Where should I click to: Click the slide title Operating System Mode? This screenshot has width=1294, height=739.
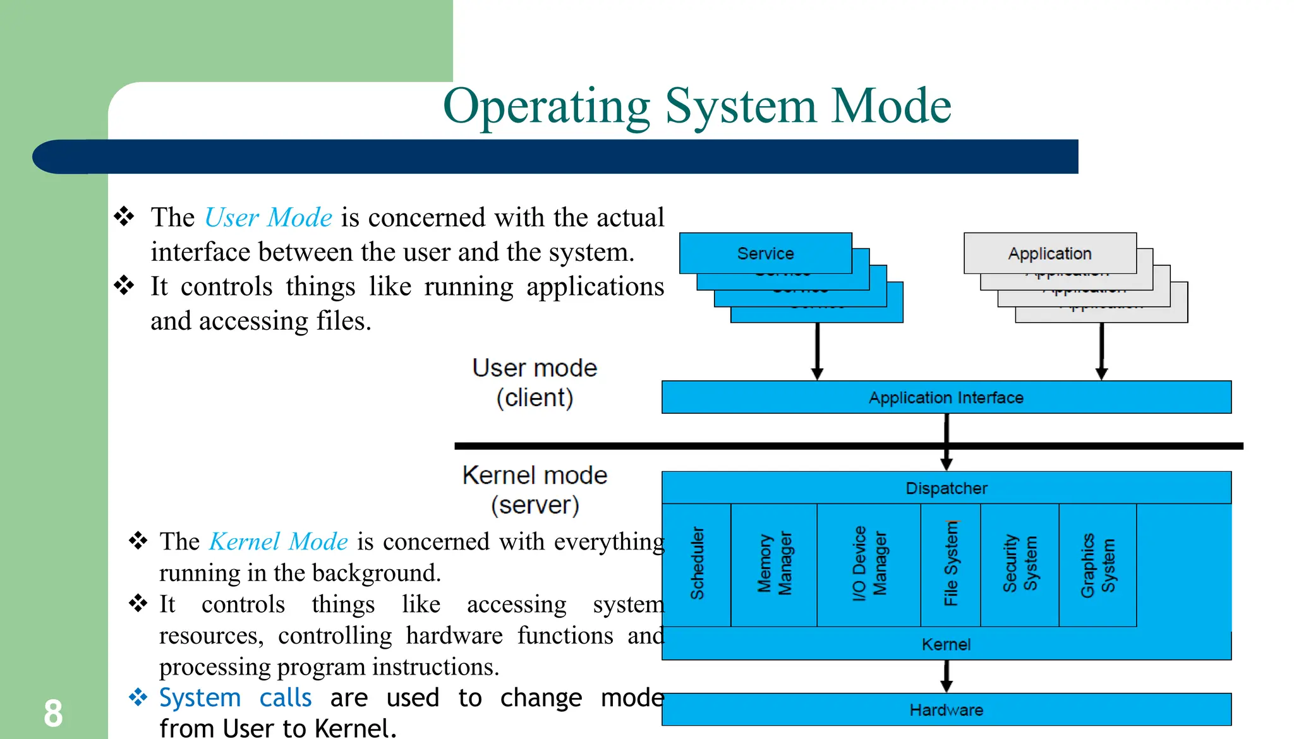click(697, 106)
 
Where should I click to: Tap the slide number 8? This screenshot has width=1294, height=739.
click(53, 714)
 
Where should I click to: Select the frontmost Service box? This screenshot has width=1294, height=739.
click(765, 253)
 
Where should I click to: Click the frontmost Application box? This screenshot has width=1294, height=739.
click(1049, 253)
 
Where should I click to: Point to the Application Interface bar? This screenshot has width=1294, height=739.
click(946, 397)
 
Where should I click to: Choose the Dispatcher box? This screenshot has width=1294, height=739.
click(946, 488)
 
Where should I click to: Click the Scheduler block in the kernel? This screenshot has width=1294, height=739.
click(697, 564)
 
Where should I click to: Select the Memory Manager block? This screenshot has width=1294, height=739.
click(774, 564)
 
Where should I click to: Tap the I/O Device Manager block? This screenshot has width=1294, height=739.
click(869, 564)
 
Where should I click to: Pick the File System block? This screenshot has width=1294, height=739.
click(951, 564)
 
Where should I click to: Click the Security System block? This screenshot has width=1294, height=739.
click(1020, 564)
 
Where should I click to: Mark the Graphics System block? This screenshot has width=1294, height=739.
click(1097, 564)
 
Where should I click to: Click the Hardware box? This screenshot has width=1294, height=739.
click(946, 710)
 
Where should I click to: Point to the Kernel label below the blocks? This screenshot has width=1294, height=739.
click(946, 644)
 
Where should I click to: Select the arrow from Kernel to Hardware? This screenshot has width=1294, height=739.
click(946, 676)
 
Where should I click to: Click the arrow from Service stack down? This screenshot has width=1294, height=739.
click(817, 351)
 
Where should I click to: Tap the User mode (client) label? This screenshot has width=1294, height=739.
click(535, 383)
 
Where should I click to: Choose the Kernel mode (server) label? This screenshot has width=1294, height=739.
click(535, 490)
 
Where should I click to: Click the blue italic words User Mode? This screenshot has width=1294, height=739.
click(269, 217)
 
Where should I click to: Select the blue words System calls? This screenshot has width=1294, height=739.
click(235, 698)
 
